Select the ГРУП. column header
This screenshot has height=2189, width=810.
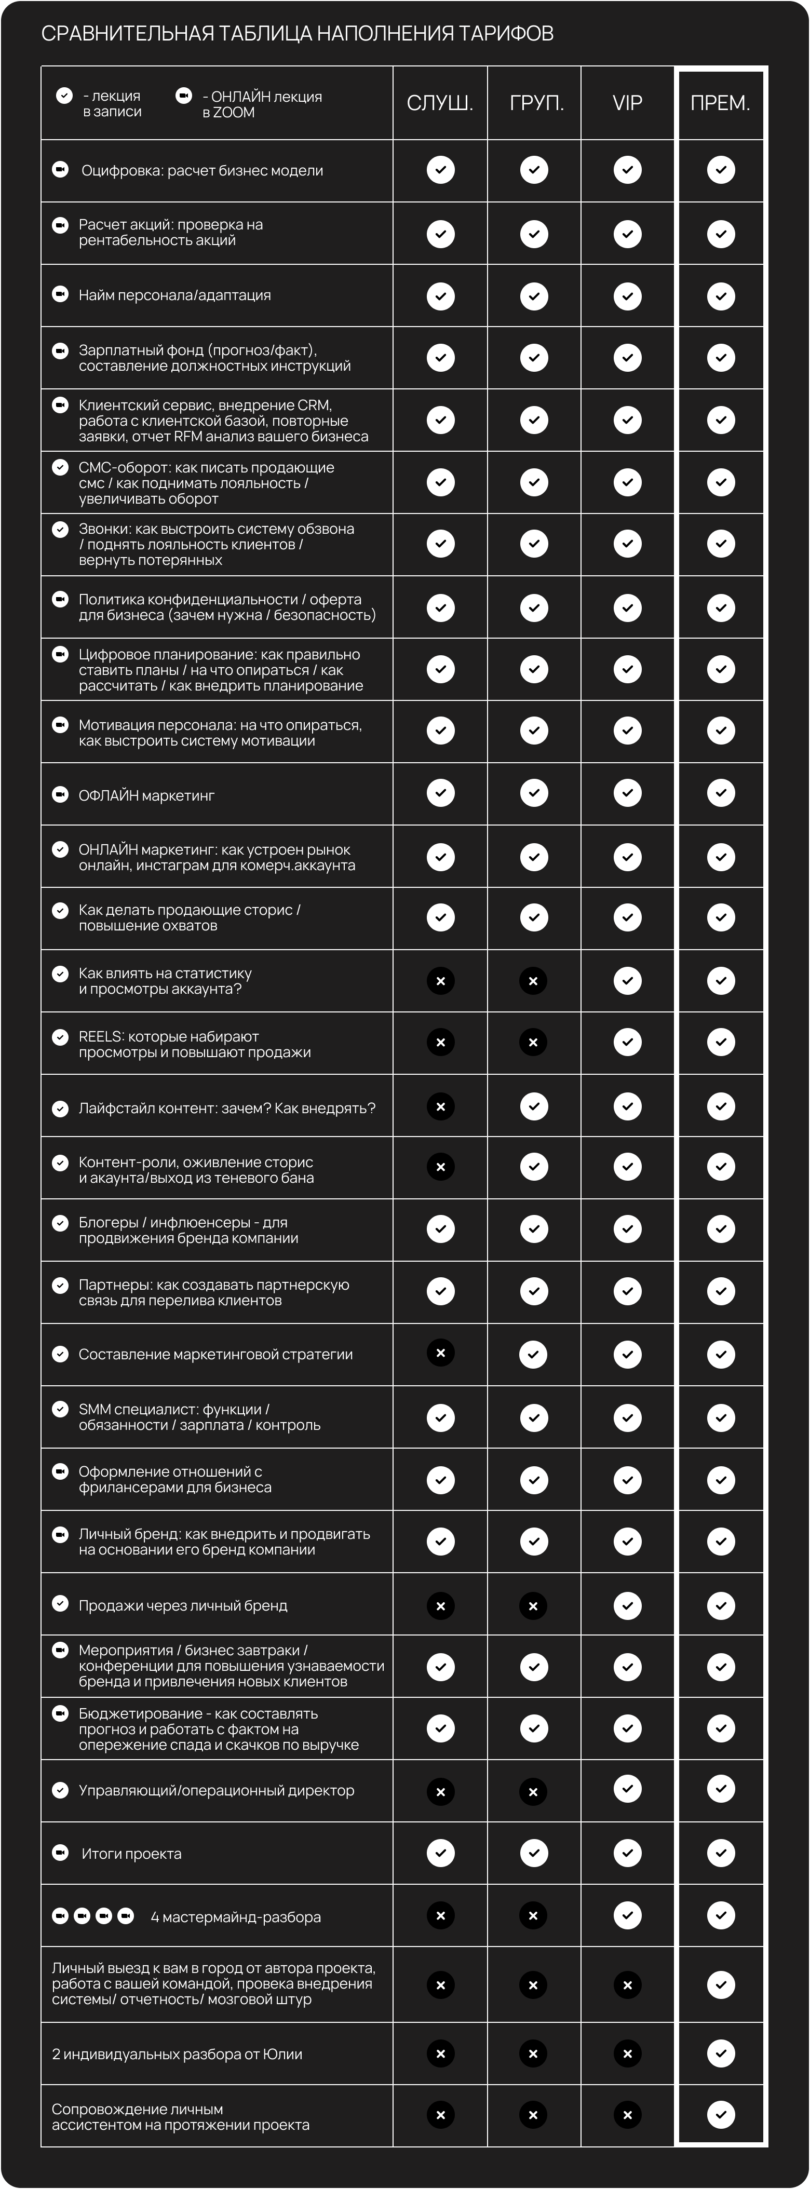coord(536,103)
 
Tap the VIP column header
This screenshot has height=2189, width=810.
coord(627,103)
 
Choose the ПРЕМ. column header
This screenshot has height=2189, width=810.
coord(720,103)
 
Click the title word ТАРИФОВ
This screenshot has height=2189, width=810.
coord(506,33)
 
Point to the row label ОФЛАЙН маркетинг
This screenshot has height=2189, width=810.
coord(146,795)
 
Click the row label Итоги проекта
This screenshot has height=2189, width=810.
coord(131,1854)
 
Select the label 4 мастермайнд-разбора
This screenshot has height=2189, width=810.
coord(235,1917)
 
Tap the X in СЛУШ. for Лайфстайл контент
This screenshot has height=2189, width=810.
coord(440,1106)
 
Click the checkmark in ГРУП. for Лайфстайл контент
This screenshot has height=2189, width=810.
coord(534,1106)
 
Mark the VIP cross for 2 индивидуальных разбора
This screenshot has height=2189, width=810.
coord(627,2054)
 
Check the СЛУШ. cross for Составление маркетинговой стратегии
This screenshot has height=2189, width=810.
coord(440,1352)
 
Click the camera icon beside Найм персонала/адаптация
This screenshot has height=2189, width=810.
coord(60,294)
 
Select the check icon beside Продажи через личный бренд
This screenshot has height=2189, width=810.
coord(60,1603)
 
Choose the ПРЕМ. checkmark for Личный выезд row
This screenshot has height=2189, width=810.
coord(721,1985)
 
